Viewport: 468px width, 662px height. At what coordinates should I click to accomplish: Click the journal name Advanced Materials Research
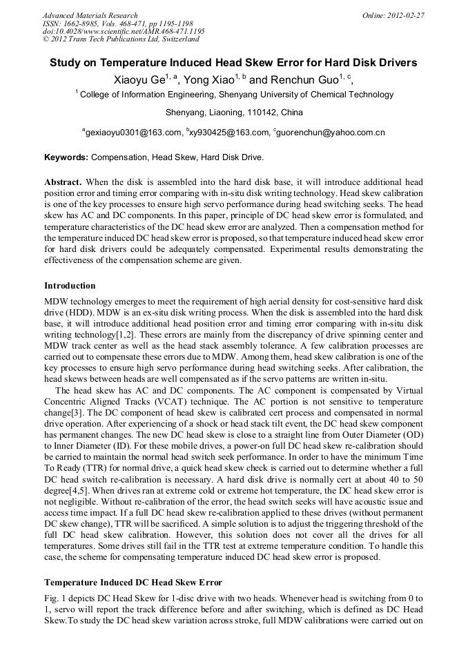90,15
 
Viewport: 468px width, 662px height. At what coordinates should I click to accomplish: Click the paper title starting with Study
233,63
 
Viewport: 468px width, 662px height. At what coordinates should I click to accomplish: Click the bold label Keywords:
66,157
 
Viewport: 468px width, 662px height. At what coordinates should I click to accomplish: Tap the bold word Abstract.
63,182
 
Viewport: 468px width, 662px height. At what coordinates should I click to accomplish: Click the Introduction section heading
70,286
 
